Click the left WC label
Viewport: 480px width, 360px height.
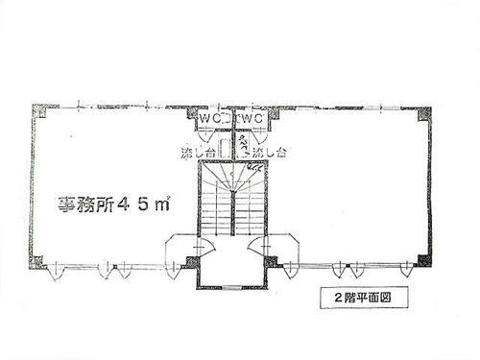pos(211,117)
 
